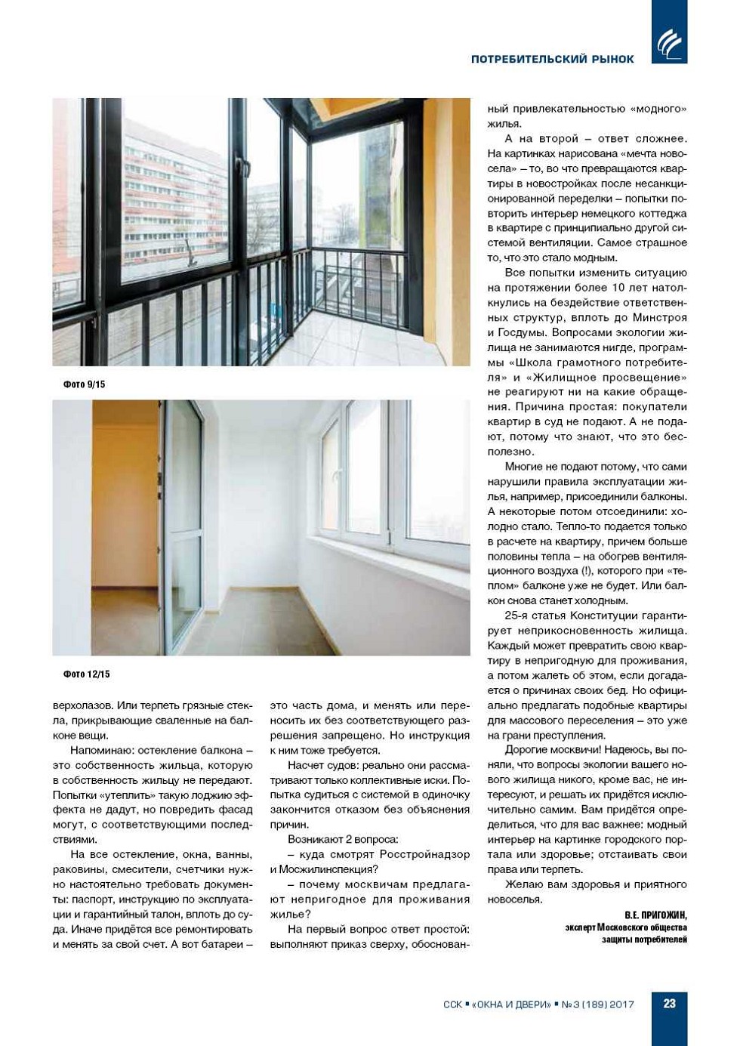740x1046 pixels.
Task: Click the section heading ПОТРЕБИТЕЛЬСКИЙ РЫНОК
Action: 552,59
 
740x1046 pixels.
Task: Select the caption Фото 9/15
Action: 84,384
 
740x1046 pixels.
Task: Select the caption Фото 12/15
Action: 86,674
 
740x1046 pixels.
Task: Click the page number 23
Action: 669,1004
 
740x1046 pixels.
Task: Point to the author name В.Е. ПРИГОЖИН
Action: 655,915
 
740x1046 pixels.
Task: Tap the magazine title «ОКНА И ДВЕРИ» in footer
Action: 511,1004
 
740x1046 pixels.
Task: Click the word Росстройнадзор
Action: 424,854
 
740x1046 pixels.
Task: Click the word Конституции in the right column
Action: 589,616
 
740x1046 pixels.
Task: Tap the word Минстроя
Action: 658,317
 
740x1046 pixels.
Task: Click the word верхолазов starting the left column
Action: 81,705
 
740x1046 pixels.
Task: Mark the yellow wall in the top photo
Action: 446,227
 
